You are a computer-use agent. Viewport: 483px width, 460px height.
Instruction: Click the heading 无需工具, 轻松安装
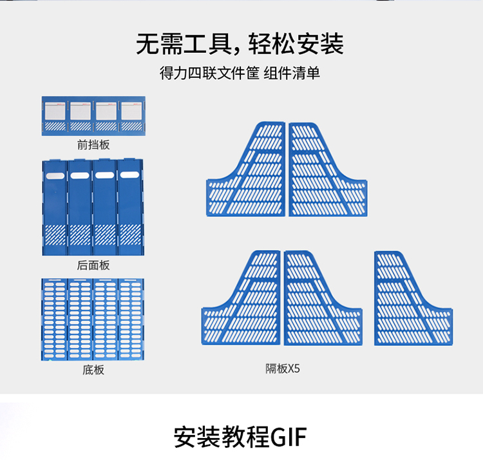pyautogui.click(x=240, y=43)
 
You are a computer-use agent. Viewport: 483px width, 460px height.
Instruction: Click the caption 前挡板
pyautogui.click(x=93, y=144)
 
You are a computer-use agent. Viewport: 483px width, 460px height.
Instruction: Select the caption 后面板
pyautogui.click(x=93, y=265)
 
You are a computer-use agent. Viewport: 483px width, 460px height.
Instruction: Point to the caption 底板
pyautogui.click(x=93, y=370)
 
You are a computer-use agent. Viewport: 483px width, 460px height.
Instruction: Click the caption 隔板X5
pyautogui.click(x=283, y=369)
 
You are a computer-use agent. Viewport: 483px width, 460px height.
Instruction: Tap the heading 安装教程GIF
pyautogui.click(x=240, y=436)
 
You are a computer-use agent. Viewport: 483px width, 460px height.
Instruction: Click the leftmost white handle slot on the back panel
pyautogui.click(x=55, y=175)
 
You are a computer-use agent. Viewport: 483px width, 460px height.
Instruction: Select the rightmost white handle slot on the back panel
pyautogui.click(x=131, y=175)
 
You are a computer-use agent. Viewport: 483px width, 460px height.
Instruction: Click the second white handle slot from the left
pyautogui.click(x=80, y=175)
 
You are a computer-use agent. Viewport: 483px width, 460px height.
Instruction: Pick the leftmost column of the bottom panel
pyautogui.click(x=54, y=319)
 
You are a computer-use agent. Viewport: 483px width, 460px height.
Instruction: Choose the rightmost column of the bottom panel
pyautogui.click(x=131, y=319)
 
